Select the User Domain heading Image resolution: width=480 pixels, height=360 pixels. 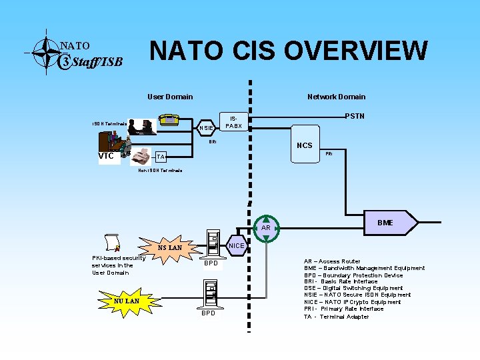(x=170, y=97)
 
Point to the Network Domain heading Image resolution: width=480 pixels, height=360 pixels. (x=336, y=97)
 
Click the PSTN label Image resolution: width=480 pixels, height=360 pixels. (x=354, y=117)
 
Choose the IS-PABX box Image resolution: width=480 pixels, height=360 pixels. (x=233, y=121)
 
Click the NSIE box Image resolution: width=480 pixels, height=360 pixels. (x=207, y=127)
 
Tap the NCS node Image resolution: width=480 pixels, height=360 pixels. (x=304, y=146)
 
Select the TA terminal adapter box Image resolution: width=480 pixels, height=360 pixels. (x=160, y=157)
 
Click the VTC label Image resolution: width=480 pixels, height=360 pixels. (x=106, y=156)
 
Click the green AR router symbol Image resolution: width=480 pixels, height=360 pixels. (x=266, y=228)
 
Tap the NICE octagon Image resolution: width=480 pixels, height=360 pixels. (x=237, y=245)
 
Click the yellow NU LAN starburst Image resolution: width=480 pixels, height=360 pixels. (x=126, y=301)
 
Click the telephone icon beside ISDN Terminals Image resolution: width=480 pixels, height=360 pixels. (x=169, y=120)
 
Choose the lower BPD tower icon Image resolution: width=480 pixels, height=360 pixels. (x=209, y=292)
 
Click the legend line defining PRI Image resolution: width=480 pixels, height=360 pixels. (x=343, y=309)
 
